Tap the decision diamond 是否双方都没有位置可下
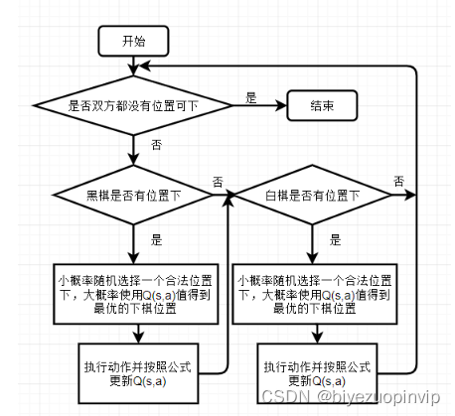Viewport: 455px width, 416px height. [x=132, y=104]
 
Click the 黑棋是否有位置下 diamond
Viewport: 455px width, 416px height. [x=132, y=193]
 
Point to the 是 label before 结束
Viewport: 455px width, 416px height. [x=250, y=96]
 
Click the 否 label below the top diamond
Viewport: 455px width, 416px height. [x=157, y=145]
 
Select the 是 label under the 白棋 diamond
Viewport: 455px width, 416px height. [x=336, y=239]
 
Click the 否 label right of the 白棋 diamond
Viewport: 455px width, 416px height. [x=398, y=181]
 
